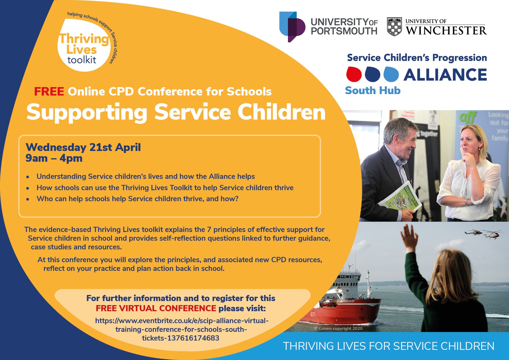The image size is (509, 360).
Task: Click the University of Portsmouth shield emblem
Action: click(x=292, y=27)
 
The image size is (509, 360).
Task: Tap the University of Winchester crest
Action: click(x=394, y=26)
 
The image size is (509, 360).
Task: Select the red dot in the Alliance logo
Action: click(x=354, y=74)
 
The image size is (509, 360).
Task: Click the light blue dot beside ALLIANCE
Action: click(x=391, y=74)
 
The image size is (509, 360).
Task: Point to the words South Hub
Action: click(x=373, y=91)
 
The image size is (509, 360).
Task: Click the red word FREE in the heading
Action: click(x=49, y=91)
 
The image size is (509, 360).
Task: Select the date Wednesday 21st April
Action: click(x=83, y=147)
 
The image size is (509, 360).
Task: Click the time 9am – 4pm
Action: click(x=54, y=158)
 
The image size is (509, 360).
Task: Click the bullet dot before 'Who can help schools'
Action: click(x=28, y=199)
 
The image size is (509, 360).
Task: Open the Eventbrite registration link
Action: click(x=182, y=329)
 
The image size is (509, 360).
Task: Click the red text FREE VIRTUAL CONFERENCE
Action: click(x=156, y=308)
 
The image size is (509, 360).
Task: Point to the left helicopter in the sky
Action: click(x=473, y=232)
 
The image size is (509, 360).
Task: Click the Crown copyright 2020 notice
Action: click(x=338, y=328)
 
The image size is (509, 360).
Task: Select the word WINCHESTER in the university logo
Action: click(x=446, y=30)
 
